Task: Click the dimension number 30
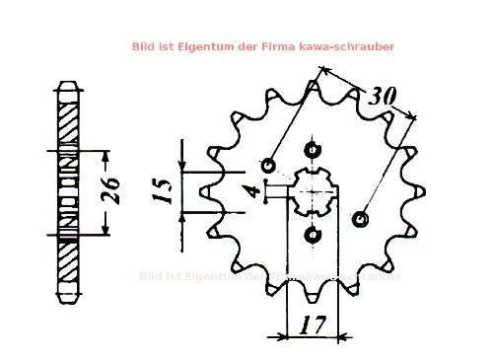383,98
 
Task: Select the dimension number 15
165,187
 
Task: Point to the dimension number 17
314,324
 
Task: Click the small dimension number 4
255,188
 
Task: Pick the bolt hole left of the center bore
270,163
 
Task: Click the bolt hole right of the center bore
359,216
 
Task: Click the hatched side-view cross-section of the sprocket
67,191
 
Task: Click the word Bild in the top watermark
144,46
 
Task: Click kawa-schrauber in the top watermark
346,46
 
